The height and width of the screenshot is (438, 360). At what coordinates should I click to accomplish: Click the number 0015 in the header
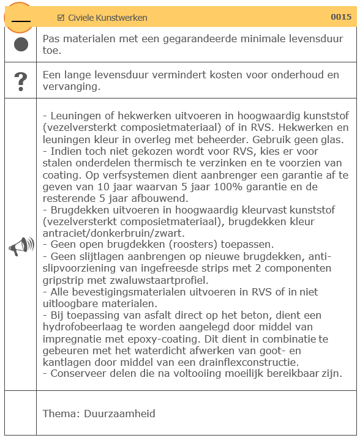341,17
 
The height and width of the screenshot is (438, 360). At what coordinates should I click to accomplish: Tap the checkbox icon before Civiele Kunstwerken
61,18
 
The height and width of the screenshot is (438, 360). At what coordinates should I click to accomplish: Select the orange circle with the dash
21,18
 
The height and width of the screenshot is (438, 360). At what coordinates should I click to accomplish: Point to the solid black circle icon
21,45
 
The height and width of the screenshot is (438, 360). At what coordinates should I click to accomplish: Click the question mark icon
21,81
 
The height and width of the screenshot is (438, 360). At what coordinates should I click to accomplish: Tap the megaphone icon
21,247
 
